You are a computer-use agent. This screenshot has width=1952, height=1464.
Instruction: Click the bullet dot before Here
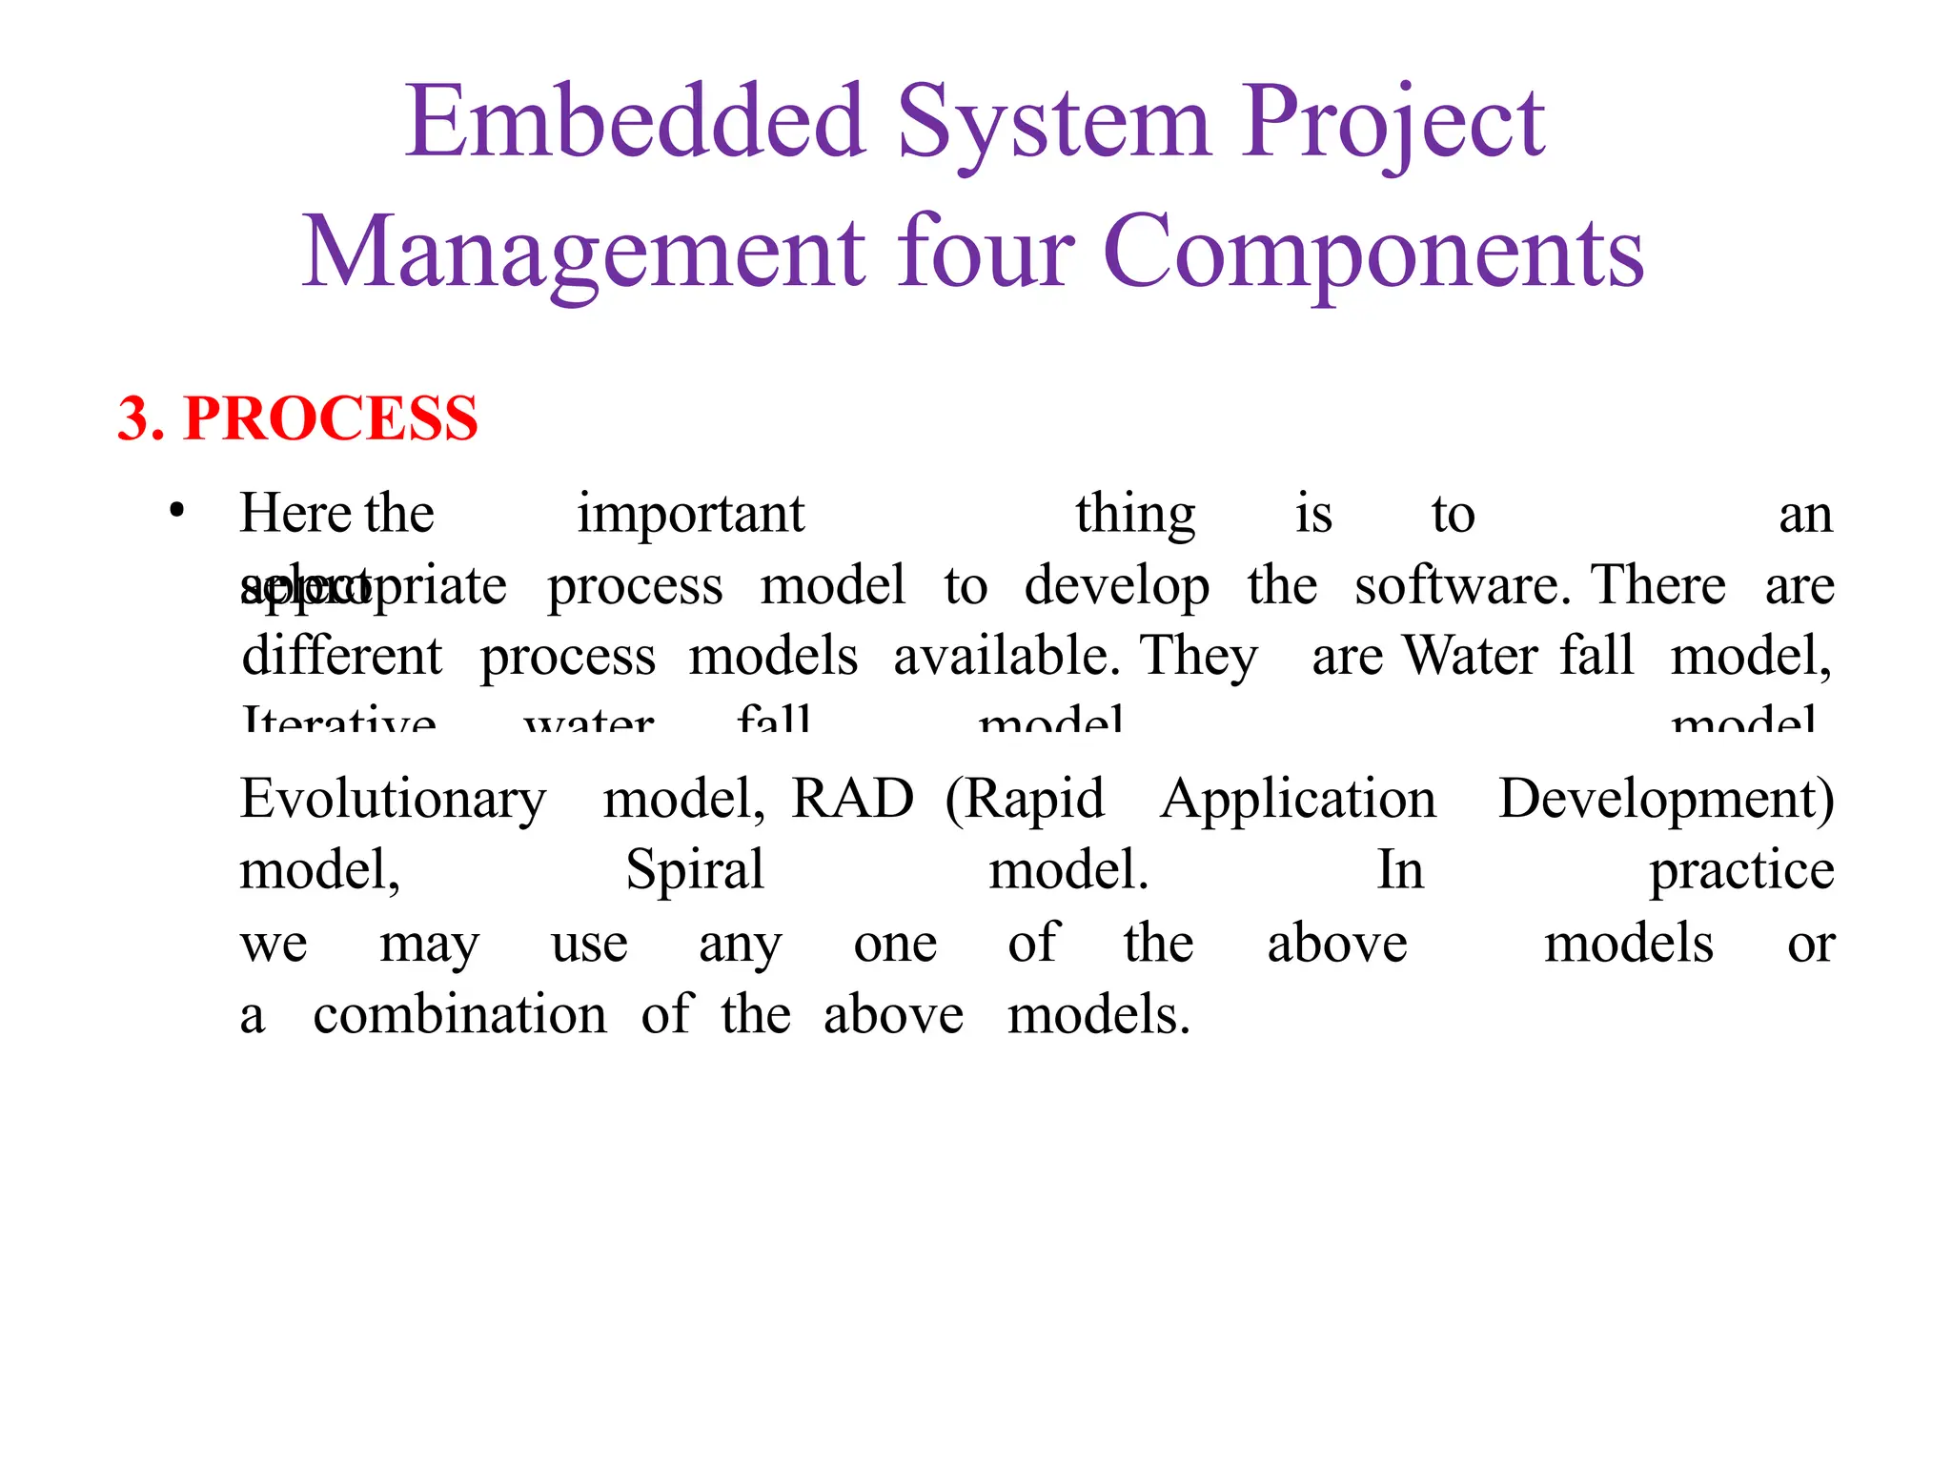[x=176, y=512]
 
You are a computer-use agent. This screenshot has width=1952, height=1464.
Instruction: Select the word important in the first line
[x=690, y=515]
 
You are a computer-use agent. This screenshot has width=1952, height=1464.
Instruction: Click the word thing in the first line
[x=1135, y=515]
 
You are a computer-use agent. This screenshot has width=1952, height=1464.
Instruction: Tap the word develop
[x=1117, y=587]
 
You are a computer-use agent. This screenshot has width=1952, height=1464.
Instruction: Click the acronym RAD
[x=852, y=799]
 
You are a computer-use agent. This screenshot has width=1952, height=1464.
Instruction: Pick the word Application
[x=1298, y=801]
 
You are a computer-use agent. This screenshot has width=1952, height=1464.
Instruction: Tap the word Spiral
[x=695, y=871]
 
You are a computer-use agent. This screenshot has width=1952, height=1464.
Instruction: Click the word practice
[x=1741, y=871]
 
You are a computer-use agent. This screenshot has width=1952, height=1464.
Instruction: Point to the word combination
[x=459, y=1014]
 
